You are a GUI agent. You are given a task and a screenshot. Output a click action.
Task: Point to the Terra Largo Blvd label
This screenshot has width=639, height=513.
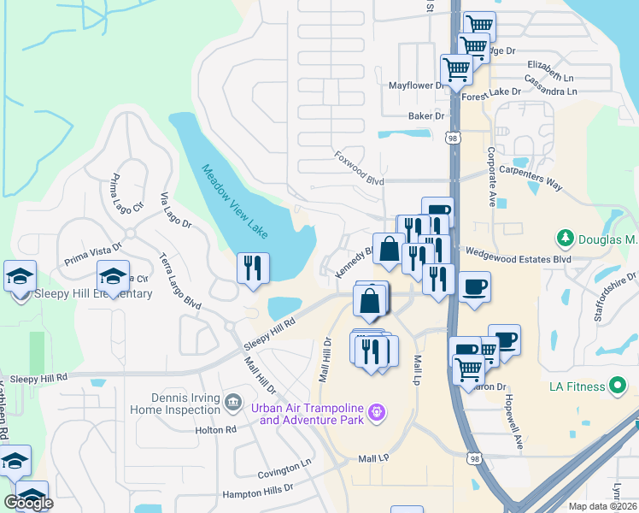click(179, 280)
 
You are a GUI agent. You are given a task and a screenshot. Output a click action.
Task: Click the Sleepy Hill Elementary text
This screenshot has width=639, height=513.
click(82, 294)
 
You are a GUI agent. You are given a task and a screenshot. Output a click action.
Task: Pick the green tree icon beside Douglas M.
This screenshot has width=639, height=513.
click(564, 237)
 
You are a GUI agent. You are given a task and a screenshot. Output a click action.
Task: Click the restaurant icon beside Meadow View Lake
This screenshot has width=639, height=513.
click(253, 268)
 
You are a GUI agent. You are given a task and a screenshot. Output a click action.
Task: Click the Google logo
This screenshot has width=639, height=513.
click(28, 503)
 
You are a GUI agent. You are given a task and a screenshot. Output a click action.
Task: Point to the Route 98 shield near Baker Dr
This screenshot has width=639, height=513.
click(453, 138)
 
